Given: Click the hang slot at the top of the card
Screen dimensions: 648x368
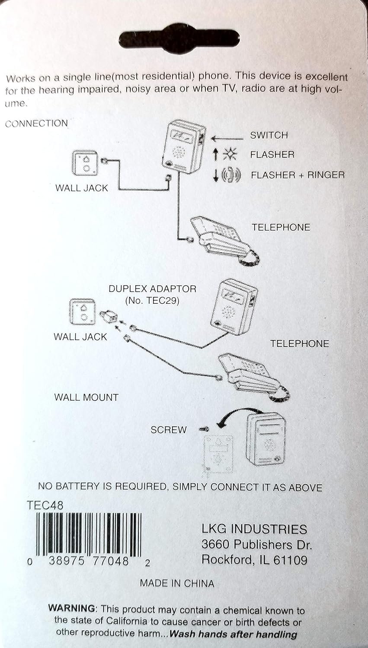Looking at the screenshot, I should (x=179, y=39).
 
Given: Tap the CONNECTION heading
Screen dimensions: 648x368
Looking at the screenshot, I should (x=36, y=124).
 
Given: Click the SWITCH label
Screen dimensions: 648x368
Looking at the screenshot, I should (x=269, y=135).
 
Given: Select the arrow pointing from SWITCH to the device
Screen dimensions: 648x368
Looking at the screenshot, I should (x=227, y=139).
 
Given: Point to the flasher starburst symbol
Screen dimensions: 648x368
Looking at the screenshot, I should (x=229, y=155).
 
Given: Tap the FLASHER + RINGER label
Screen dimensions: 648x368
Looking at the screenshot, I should (x=298, y=175).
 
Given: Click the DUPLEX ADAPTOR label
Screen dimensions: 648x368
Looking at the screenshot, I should (x=152, y=289).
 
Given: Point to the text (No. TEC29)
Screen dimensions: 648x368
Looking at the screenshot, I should (x=152, y=300).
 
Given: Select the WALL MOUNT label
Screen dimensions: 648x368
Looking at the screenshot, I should (x=86, y=397).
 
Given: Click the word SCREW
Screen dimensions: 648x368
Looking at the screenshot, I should (x=168, y=430).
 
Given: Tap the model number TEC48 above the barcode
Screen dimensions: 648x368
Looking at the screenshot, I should (x=45, y=505).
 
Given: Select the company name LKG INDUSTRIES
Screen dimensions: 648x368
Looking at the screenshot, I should (x=254, y=529).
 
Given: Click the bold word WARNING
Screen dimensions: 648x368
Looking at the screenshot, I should (x=72, y=608).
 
